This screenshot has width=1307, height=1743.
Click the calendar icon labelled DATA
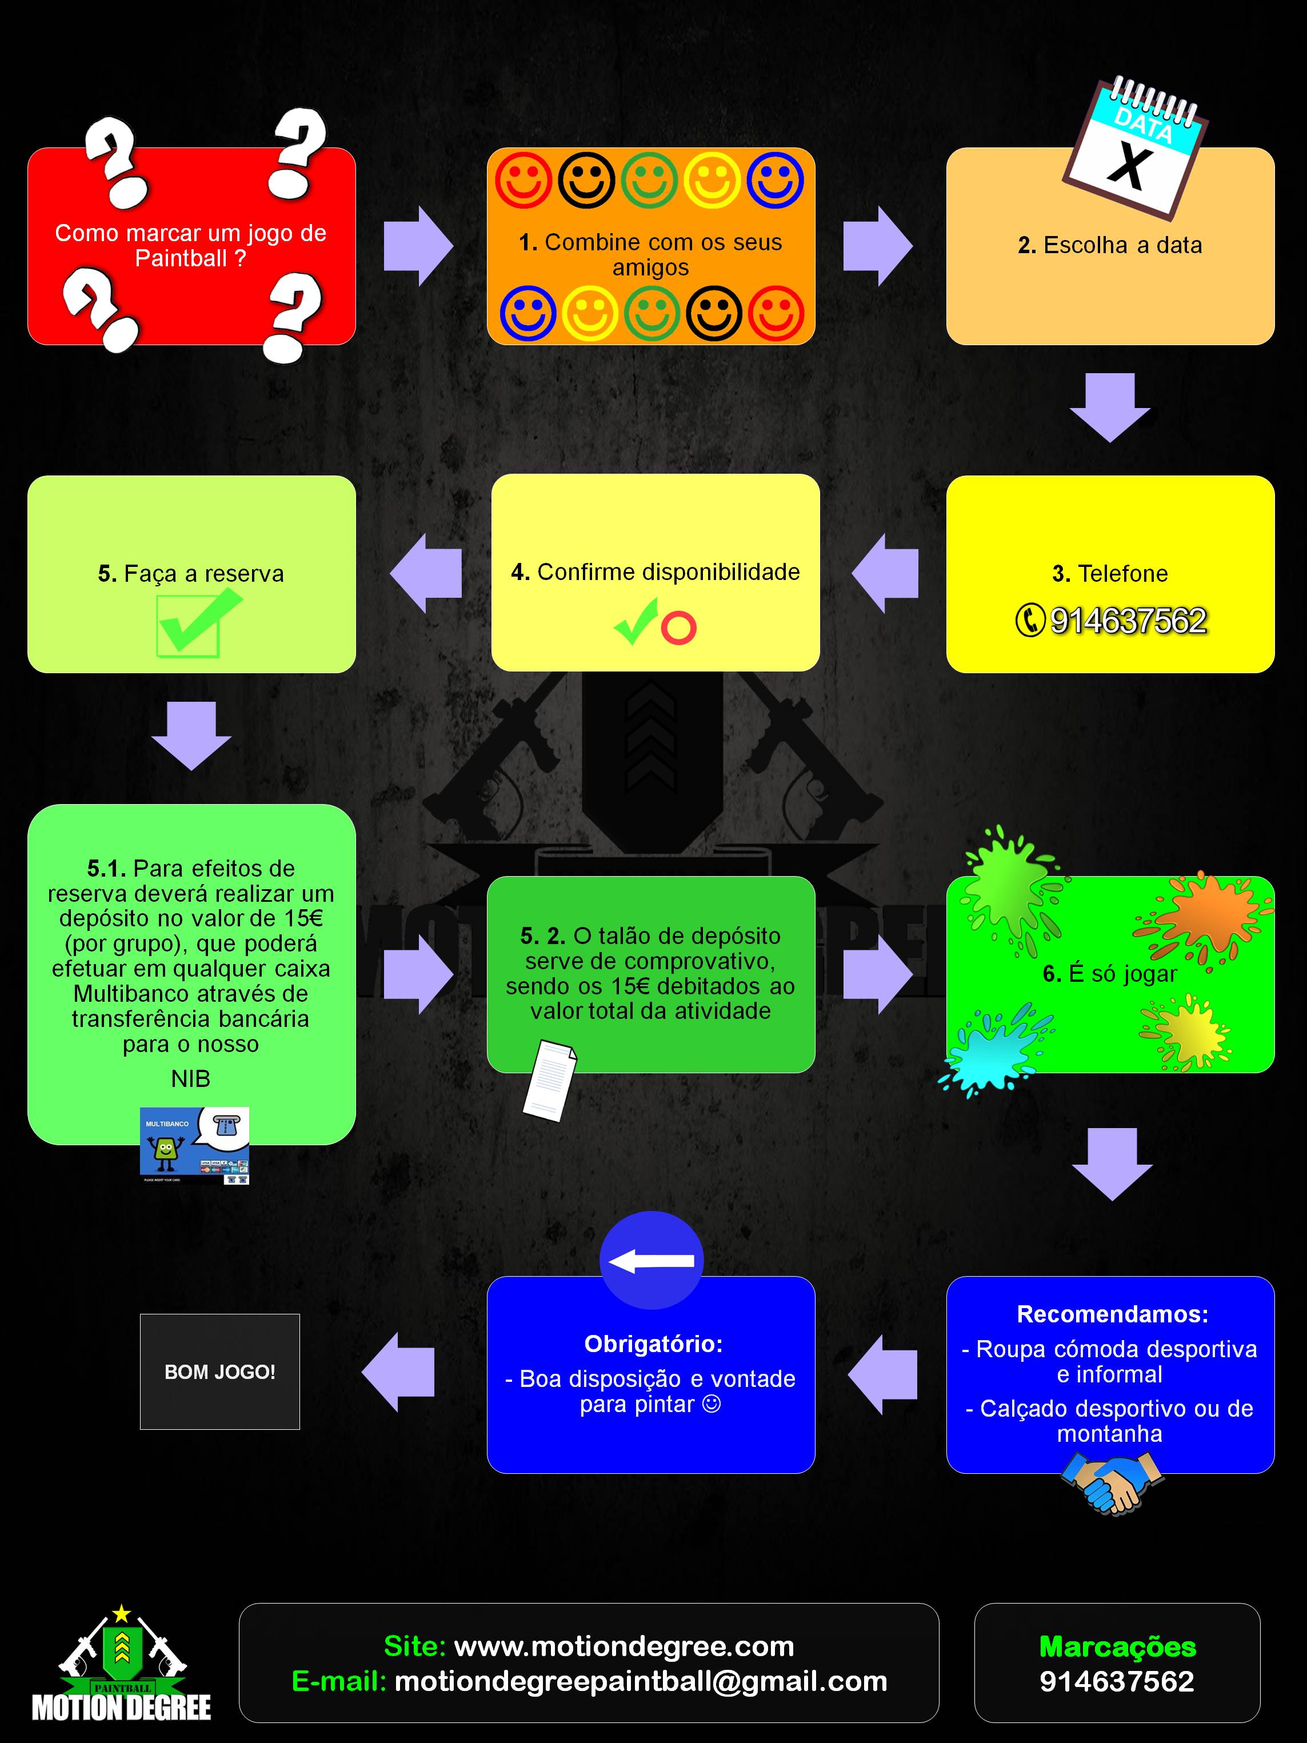tap(1135, 148)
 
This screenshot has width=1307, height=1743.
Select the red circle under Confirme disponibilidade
tap(678, 628)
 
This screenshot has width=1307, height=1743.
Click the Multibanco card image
tap(194, 1145)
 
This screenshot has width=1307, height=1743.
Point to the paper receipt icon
tap(550, 1080)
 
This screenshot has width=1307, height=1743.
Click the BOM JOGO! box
tap(220, 1371)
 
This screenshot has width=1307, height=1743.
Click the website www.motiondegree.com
tap(625, 1646)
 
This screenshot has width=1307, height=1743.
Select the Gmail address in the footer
tap(641, 1681)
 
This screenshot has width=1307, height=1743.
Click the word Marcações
tap(1117, 1646)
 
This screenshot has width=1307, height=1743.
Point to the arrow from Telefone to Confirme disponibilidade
tap(885, 573)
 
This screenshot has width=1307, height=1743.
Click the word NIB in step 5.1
tap(191, 1079)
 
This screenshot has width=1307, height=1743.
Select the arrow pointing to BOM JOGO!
tap(398, 1372)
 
